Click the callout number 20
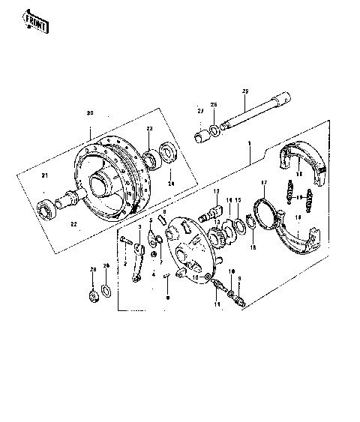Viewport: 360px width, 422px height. (90, 113)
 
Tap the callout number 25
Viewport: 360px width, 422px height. (244, 91)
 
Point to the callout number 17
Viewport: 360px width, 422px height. (263, 183)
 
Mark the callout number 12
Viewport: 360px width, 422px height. (216, 193)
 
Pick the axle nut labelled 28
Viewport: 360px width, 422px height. (94, 297)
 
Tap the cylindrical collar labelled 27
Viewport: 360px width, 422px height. (202, 137)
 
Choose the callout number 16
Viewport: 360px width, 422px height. (253, 247)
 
